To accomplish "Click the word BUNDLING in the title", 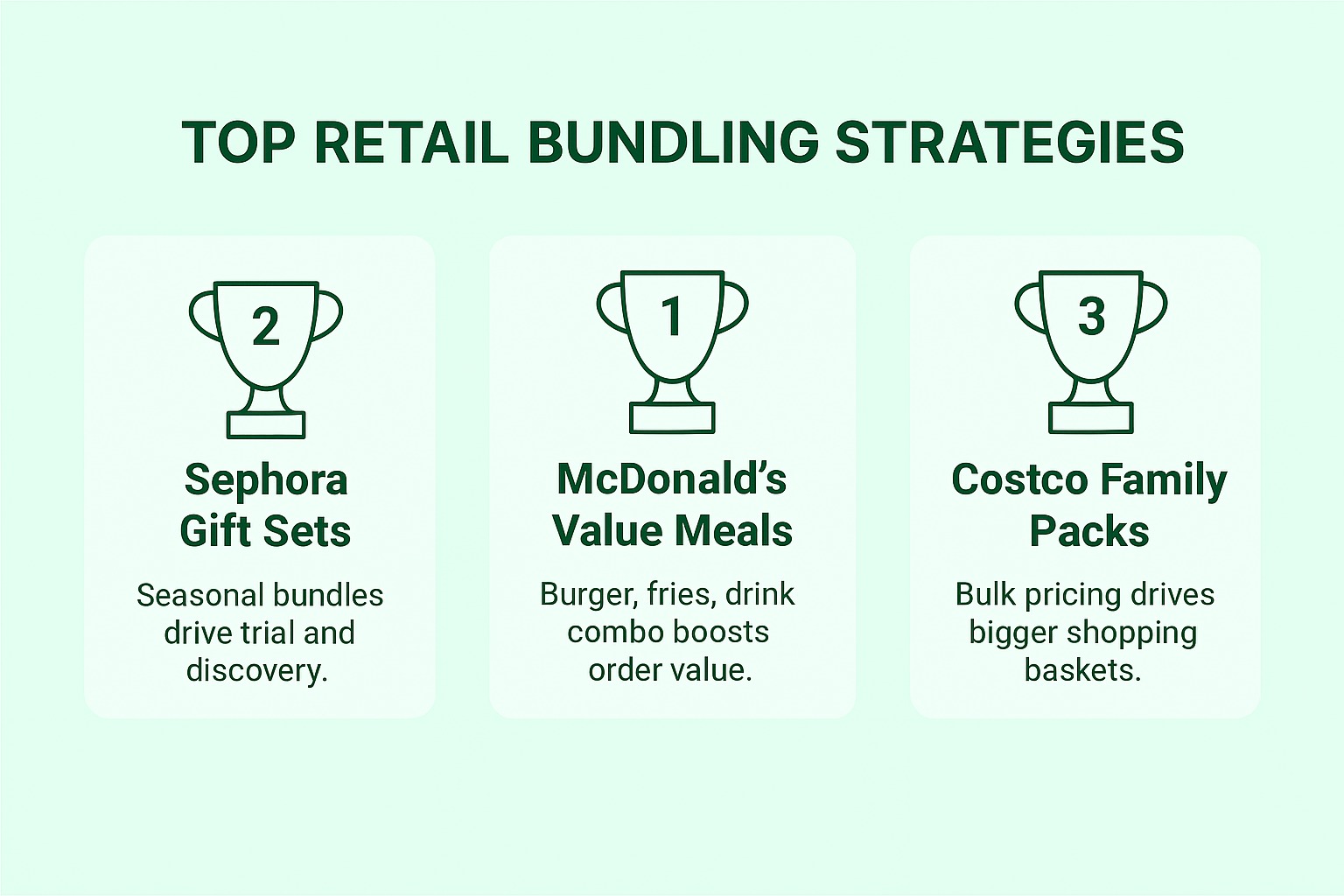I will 674,142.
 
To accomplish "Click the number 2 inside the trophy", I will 265,326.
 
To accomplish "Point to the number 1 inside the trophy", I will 672,316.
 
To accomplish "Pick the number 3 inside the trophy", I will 1090,316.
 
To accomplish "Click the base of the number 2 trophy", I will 266,425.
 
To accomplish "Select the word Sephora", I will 266,479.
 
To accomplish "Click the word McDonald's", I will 671,479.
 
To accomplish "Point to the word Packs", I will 1088,530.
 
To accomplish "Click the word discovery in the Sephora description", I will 255,670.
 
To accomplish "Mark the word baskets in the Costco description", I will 1082,670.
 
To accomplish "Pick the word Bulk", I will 984,594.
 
